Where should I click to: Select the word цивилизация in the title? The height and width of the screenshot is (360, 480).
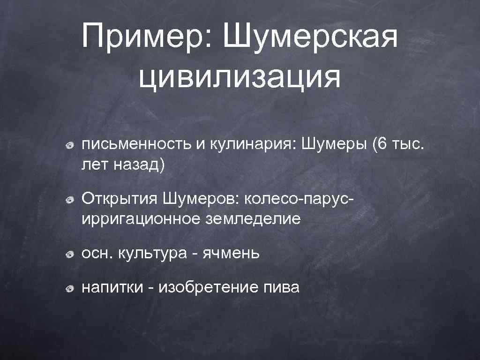240,77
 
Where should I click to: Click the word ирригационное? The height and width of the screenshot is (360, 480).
140,218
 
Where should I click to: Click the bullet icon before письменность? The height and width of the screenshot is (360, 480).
69,145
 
